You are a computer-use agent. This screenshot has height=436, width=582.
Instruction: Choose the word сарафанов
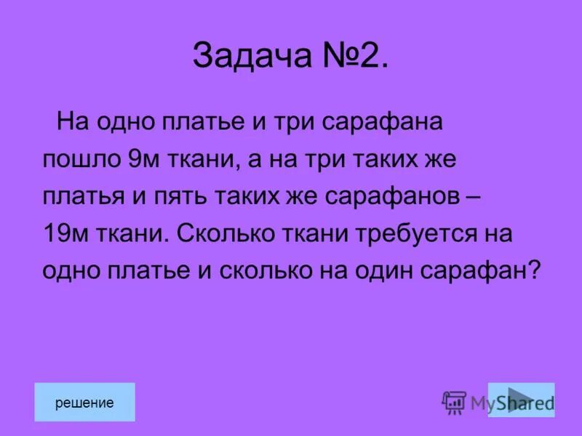point(386,198)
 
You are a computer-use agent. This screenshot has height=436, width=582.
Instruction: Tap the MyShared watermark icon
point(454,403)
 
